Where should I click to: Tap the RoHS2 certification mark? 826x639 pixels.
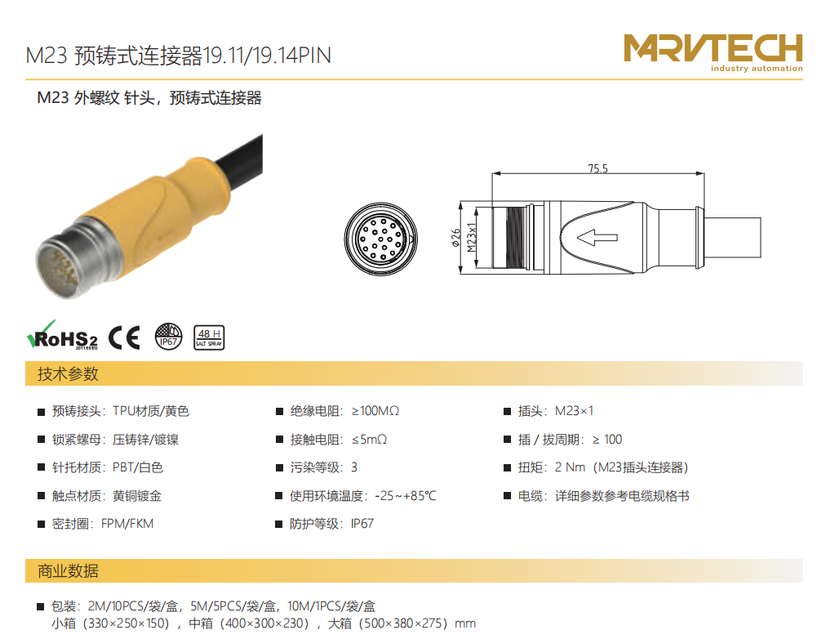pyautogui.click(x=62, y=335)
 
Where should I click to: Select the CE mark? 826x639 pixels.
pyautogui.click(x=124, y=337)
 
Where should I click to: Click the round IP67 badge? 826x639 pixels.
pyautogui.click(x=169, y=337)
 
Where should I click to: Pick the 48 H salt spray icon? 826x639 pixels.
pyautogui.click(x=209, y=337)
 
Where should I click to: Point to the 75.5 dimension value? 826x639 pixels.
pyautogui.click(x=598, y=168)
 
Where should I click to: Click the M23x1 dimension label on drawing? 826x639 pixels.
pyautogui.click(x=472, y=237)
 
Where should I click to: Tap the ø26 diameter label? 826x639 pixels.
pyautogui.click(x=455, y=237)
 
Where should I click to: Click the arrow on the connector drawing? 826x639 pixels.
pyautogui.click(x=597, y=237)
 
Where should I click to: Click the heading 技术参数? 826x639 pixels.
pyautogui.click(x=68, y=373)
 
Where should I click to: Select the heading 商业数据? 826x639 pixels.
pyautogui.click(x=68, y=571)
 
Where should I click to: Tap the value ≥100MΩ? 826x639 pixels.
pyautogui.click(x=375, y=411)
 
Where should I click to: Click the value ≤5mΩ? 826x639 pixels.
pyautogui.click(x=369, y=439)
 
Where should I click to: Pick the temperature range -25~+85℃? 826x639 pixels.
pyautogui.click(x=406, y=496)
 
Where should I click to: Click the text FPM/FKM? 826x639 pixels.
pyautogui.click(x=127, y=524)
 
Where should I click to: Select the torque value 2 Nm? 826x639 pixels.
pyautogui.click(x=570, y=467)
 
